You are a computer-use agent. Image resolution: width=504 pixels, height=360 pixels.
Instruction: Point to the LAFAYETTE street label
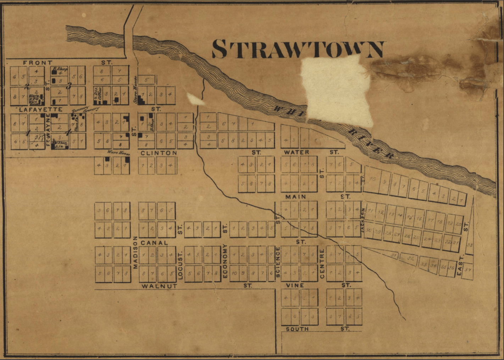pyautogui.click(x=36, y=110)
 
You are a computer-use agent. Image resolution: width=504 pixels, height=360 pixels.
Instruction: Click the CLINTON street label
pyautogui.click(x=159, y=153)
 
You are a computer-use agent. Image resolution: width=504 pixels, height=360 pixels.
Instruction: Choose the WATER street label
pyautogui.click(x=297, y=152)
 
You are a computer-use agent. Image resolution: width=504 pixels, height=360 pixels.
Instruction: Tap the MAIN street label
pyautogui.click(x=295, y=196)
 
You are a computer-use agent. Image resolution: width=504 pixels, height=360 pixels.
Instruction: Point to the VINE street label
pyautogui.click(x=295, y=285)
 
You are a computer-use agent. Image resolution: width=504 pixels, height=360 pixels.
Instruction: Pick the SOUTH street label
pyautogui.click(x=297, y=329)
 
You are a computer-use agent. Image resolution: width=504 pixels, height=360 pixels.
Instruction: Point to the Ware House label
pyautogui.click(x=118, y=154)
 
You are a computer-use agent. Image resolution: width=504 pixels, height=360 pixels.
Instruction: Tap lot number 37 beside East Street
pyautogui.click(x=467, y=271)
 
